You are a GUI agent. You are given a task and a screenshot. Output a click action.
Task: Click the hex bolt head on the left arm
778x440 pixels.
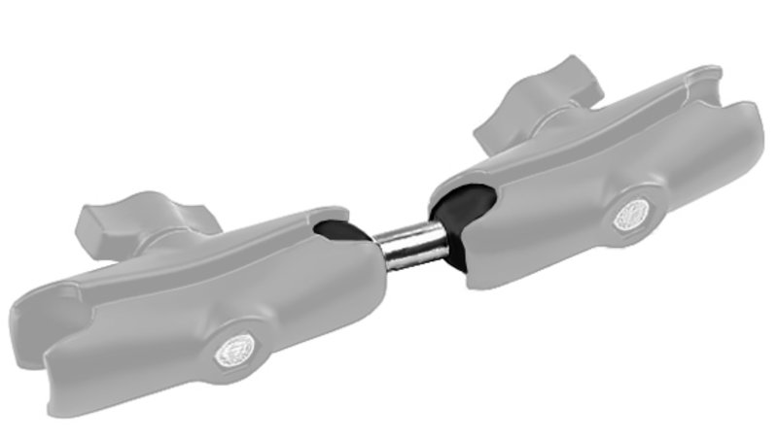pos(234,350)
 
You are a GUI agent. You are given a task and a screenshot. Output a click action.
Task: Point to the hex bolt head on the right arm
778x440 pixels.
pos(633,215)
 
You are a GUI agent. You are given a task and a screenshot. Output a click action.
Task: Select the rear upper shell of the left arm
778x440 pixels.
pos(243,233)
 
